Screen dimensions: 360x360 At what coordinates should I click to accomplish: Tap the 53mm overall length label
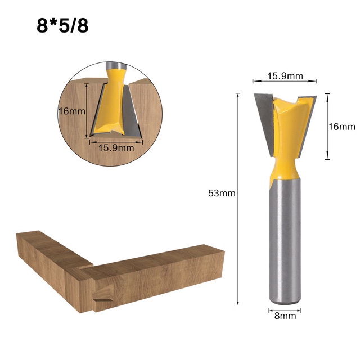click(222, 193)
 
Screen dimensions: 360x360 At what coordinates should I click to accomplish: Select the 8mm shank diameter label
click(285, 316)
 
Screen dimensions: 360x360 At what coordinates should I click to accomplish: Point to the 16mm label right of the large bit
click(342, 127)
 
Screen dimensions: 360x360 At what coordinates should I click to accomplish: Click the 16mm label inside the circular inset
click(71, 111)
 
